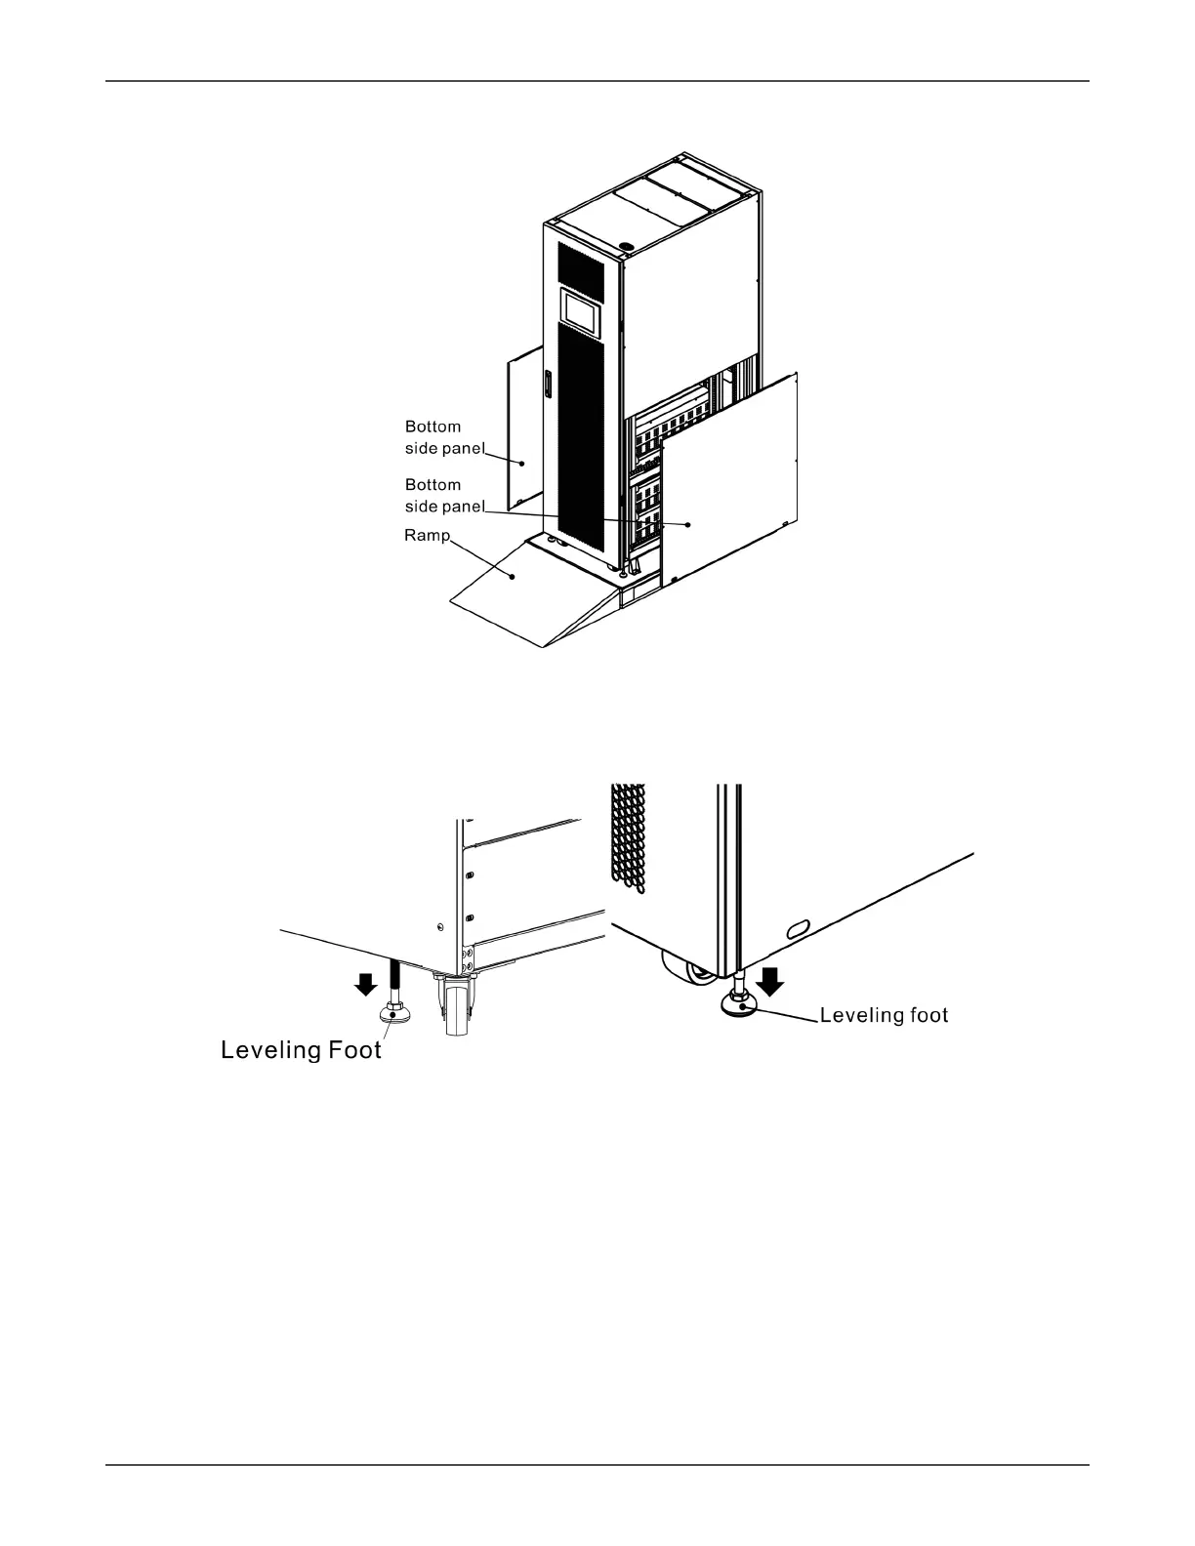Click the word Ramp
tap(427, 536)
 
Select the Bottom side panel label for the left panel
tap(444, 437)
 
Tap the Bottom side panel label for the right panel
tap(444, 495)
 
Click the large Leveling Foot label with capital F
tap(301, 1050)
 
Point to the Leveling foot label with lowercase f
tap(884, 1015)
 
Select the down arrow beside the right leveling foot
tap(771, 979)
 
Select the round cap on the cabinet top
tap(627, 246)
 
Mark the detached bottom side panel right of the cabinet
tap(732, 478)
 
